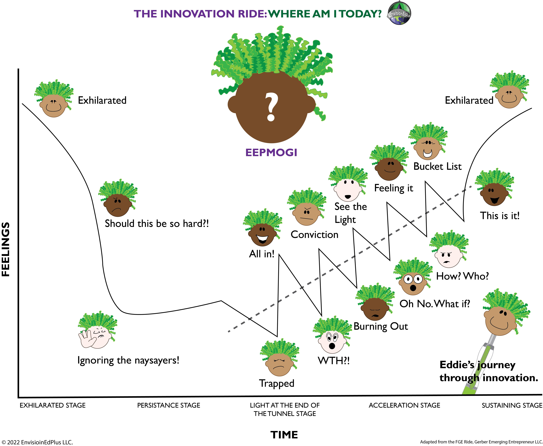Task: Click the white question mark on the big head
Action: point(271,107)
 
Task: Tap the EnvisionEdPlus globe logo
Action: point(399,13)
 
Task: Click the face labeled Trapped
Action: point(279,364)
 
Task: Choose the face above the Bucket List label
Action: point(428,148)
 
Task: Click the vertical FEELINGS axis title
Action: point(6,249)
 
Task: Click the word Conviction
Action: point(314,235)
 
